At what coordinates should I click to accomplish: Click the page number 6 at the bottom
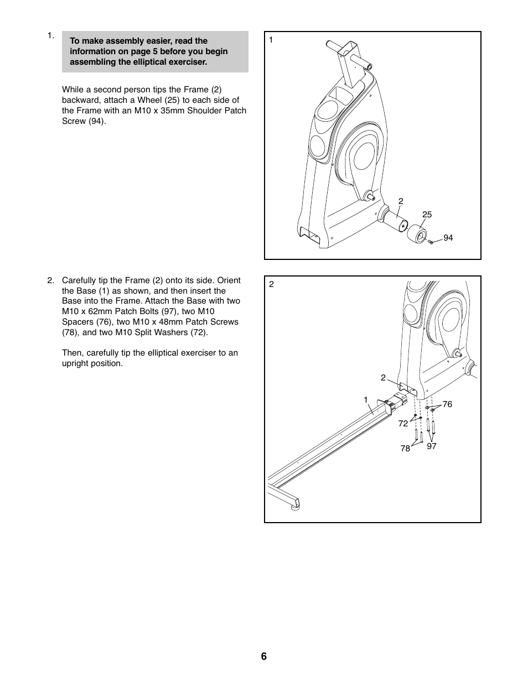(x=264, y=656)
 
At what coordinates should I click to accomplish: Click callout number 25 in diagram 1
(x=427, y=215)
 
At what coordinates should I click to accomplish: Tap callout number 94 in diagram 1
(x=448, y=238)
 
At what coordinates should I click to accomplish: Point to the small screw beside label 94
(x=432, y=242)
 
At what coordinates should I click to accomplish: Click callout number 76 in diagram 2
(x=447, y=404)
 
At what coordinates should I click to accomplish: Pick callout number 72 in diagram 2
(x=403, y=424)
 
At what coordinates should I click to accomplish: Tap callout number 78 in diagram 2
(x=405, y=449)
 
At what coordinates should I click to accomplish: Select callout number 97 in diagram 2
(x=432, y=446)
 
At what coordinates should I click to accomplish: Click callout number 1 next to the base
(x=366, y=399)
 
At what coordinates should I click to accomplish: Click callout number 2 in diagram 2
(x=383, y=378)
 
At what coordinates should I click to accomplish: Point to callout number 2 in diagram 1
(x=401, y=201)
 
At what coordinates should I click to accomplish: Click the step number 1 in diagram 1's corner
(x=271, y=40)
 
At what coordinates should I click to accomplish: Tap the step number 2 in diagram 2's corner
(x=271, y=284)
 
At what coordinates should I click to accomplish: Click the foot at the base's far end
(x=294, y=504)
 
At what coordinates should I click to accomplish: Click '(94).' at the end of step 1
(x=97, y=121)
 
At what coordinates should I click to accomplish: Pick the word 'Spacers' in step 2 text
(x=77, y=322)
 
